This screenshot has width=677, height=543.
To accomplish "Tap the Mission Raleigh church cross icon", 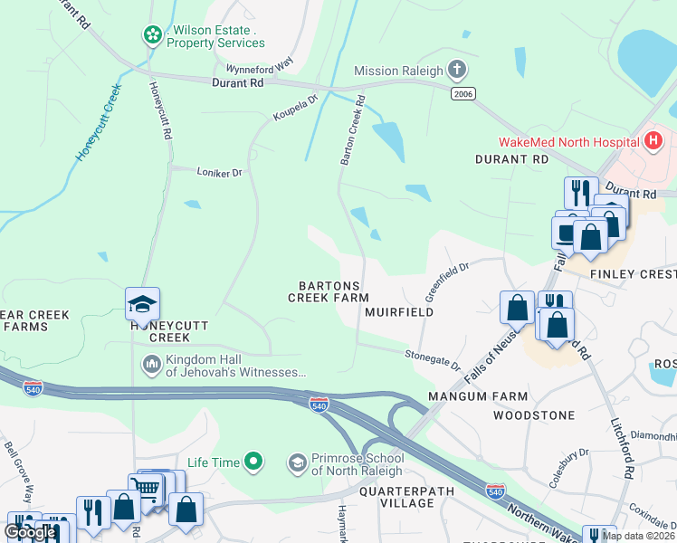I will point(458,71).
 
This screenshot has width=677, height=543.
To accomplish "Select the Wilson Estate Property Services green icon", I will point(152,34).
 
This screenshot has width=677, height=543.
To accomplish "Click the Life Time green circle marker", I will point(254,462).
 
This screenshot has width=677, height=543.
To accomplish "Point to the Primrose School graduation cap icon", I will point(297,463).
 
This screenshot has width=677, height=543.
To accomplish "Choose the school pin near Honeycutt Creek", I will point(143,304).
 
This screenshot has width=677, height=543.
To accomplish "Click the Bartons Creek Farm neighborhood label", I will point(329,291).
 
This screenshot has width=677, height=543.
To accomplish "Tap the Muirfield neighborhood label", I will point(399,311).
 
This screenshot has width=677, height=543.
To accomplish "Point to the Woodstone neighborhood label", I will point(534,415).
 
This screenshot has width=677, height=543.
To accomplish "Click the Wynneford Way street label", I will point(260,67).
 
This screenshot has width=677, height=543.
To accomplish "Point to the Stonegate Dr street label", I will point(433,359).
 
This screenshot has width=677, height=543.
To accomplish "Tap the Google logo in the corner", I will point(30,532).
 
